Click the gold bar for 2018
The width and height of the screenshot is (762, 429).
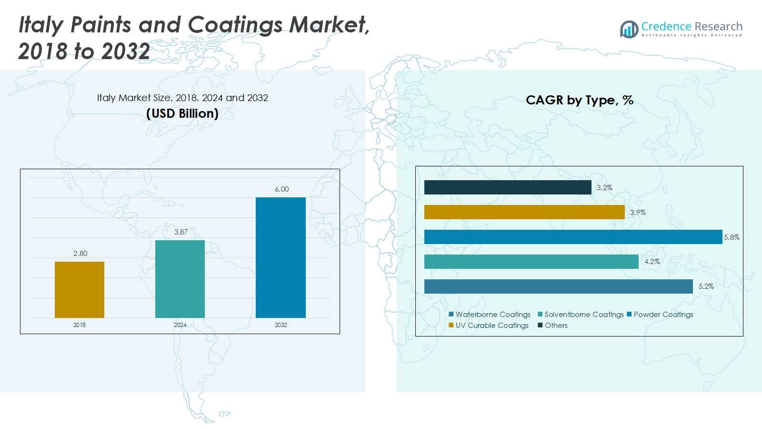click(80, 289)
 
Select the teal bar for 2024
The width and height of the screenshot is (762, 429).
click(180, 279)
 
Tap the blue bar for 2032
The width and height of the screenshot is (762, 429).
click(281, 257)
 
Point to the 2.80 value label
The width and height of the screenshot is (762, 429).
click(80, 254)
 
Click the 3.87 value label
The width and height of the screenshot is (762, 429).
click(181, 232)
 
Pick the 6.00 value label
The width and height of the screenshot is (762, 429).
click(281, 189)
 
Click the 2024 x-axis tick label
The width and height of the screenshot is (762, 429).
click(180, 325)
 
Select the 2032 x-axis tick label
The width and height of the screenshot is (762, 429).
click(281, 325)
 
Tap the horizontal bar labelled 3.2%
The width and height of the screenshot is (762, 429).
click(508, 187)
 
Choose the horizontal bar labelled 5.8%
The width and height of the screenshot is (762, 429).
click(573, 237)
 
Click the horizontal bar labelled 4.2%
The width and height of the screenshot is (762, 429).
click(531, 262)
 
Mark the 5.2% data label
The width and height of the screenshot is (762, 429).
click(706, 286)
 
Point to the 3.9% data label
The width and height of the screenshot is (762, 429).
click(638, 213)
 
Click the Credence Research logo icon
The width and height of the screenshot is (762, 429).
click(629, 29)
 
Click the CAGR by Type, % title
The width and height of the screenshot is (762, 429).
click(579, 100)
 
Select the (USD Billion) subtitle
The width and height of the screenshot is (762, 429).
click(182, 113)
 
